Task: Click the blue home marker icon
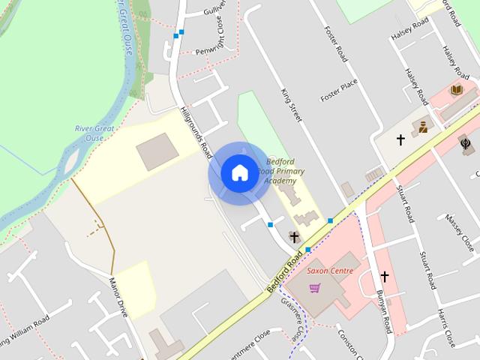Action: [x=239, y=173]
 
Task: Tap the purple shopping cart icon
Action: [x=315, y=288]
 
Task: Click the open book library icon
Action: [x=455, y=91]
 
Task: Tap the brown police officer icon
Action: [x=423, y=127]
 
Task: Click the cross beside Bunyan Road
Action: [x=385, y=276]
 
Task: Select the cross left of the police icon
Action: [x=400, y=139]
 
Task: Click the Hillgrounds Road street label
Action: [x=196, y=133]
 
